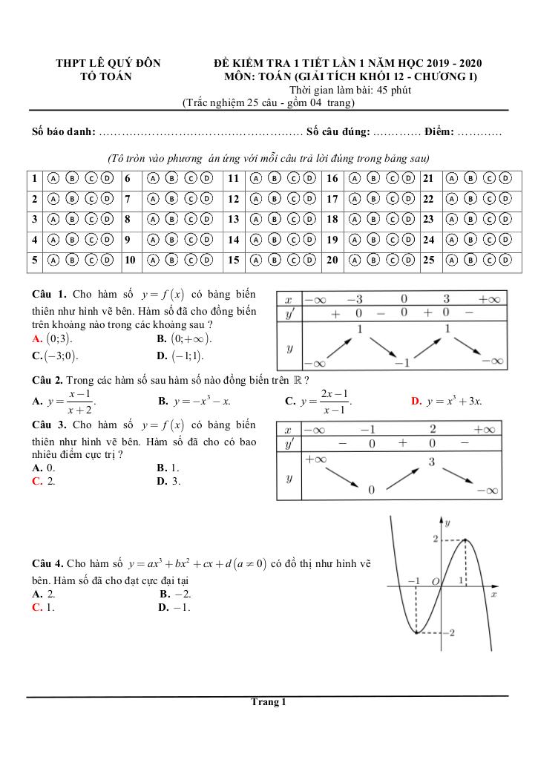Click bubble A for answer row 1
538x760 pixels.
click(53, 178)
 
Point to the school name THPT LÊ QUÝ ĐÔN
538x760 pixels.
click(108, 64)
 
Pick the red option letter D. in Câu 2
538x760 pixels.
click(416, 402)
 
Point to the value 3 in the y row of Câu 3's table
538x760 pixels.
click(431, 462)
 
